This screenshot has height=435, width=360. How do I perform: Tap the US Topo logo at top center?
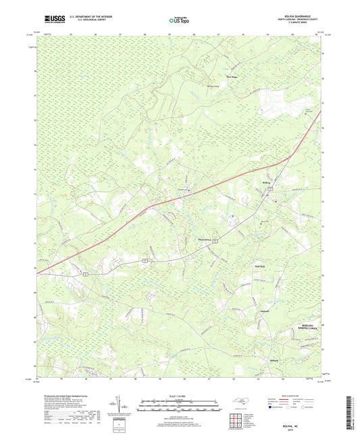tap(179, 22)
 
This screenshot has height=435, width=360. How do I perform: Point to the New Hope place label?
tap(232, 68)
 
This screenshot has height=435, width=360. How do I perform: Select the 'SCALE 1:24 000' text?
tap(179, 395)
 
